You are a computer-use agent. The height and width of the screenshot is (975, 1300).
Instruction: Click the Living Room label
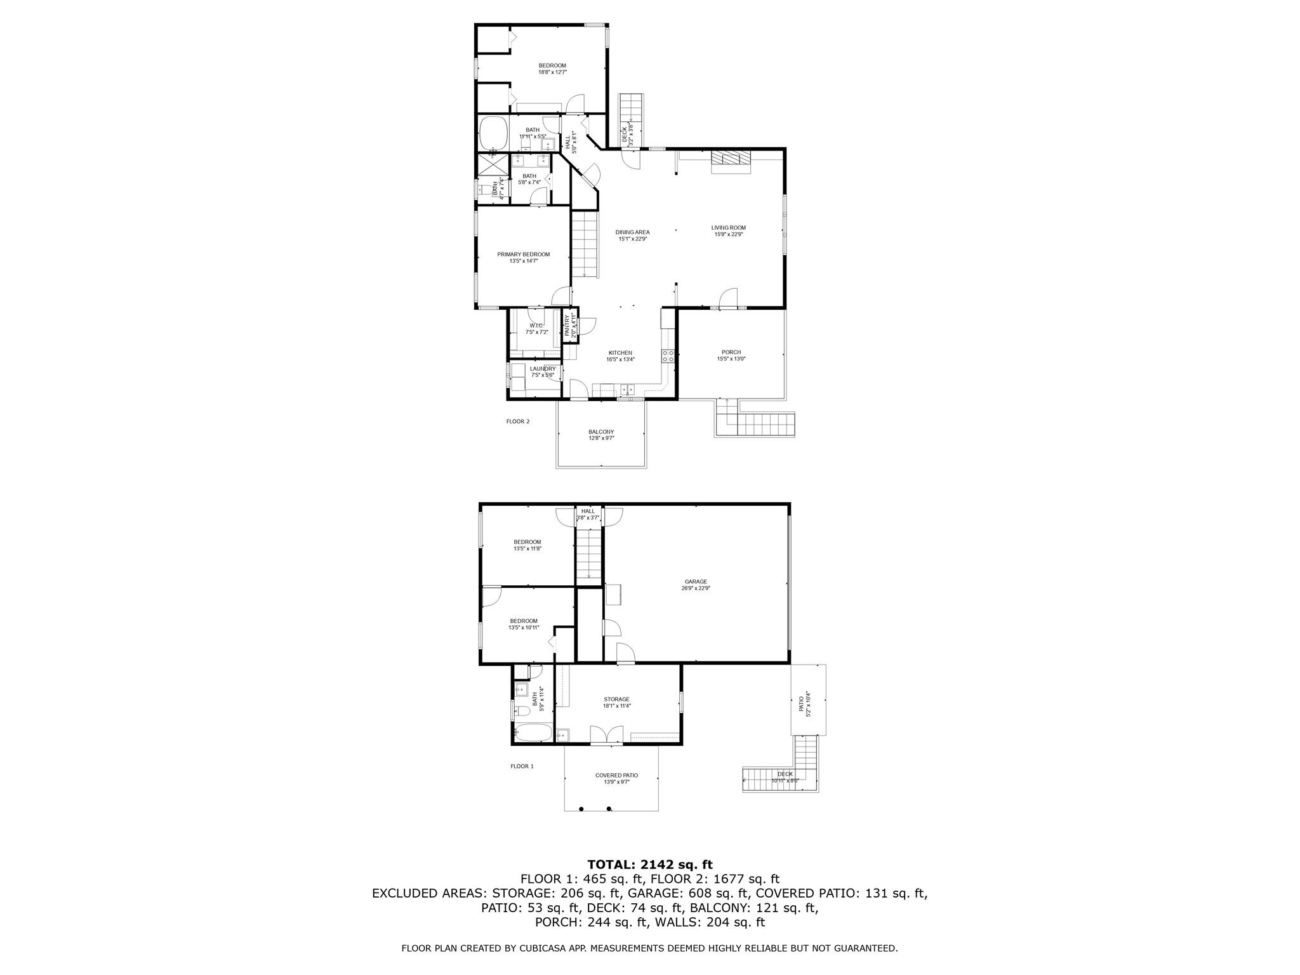point(728,228)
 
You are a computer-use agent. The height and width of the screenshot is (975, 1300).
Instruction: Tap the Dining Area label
point(632,232)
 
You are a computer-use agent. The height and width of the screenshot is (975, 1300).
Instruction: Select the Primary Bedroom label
point(523,255)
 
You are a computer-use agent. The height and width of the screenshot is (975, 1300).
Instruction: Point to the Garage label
point(696,581)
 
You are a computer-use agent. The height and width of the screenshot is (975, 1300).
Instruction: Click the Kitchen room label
point(620,353)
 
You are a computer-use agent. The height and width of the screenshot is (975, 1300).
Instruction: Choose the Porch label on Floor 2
point(731,352)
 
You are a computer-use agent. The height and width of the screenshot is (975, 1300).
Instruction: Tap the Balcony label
point(600,432)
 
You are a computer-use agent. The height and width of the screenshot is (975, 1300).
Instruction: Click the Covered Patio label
point(616,775)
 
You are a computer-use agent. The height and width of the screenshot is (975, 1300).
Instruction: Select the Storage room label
point(616,699)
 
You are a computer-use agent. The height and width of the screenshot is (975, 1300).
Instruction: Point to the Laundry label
point(543,369)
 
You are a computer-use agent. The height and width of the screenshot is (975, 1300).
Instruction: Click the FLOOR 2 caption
point(517,421)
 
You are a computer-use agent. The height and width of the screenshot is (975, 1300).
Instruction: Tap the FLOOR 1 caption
point(522,766)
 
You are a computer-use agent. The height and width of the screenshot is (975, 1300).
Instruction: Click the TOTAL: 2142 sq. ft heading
point(649,865)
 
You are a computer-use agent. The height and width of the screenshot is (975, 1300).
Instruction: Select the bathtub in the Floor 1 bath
point(532,733)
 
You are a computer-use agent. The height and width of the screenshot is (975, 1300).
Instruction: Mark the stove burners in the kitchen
point(668,357)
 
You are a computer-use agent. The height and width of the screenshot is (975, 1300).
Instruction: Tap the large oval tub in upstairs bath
point(493,133)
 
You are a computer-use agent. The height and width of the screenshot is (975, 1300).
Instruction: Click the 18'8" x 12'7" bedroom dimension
point(552,72)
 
